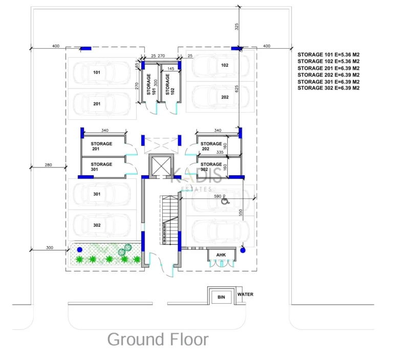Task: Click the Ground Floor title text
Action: (158, 339)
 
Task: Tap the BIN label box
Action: (221, 297)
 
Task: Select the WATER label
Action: (245, 294)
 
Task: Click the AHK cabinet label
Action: (221, 255)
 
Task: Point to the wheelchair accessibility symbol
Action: (224, 202)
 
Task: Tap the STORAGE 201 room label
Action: (102, 146)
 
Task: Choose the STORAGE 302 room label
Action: (211, 167)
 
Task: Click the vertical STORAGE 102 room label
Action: (167, 84)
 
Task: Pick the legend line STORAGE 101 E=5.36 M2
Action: (329, 54)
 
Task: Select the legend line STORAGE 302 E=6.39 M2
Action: (329, 88)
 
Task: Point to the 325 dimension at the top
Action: (236, 27)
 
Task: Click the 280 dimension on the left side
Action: (48, 164)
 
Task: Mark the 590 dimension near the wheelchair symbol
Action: (217, 196)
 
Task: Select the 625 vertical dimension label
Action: (236, 88)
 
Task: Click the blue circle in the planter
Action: (79, 249)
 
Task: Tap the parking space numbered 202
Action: (225, 97)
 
